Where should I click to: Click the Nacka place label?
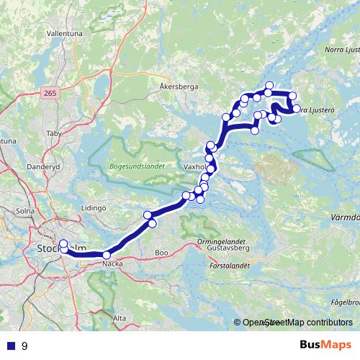coord(112,264)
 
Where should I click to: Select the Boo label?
coord(161,253)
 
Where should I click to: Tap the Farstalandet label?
coord(229,265)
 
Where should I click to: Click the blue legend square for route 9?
coord(10,346)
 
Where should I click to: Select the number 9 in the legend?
coord(25,346)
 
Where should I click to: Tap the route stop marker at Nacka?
coord(107,255)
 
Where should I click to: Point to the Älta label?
coord(120,317)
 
